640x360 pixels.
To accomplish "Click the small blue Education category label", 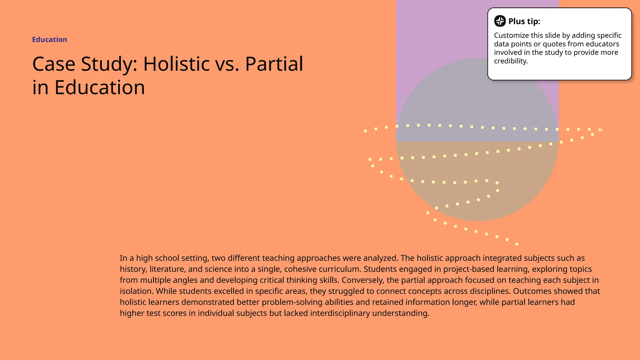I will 49,40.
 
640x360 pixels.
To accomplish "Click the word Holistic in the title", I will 176,64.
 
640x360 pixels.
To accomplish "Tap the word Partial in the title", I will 274,64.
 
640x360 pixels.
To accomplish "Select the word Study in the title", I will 109,64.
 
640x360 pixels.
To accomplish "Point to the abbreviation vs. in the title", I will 227,64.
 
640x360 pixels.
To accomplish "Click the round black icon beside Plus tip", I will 500,21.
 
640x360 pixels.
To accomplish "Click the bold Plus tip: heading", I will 524,21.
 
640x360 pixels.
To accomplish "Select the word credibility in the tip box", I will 511,61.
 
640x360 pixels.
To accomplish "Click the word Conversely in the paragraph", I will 362,280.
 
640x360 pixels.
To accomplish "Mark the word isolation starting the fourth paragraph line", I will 137,291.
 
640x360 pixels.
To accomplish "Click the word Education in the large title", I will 100,87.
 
